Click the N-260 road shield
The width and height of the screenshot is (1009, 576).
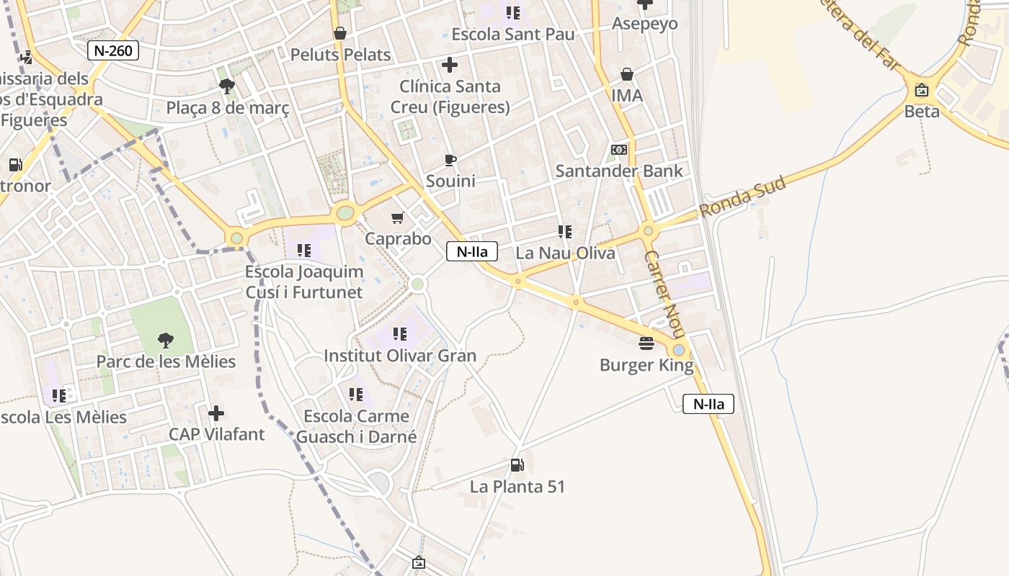[x=113, y=50]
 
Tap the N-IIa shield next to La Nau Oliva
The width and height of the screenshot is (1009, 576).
[x=472, y=251]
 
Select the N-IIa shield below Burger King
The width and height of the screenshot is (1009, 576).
[x=708, y=404]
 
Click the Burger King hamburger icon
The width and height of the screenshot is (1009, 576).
[x=646, y=343]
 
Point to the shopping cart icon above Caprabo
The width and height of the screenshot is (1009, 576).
[x=397, y=217]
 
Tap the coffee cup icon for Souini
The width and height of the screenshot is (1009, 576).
[x=450, y=160]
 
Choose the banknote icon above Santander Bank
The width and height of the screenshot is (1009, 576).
[x=619, y=150]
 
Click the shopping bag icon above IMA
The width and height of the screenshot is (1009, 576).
[x=627, y=74]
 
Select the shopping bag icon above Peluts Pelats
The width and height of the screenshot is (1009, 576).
[x=340, y=33]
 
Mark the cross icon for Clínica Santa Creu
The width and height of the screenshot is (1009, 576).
[x=450, y=66]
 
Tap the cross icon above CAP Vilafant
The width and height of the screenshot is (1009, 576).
[x=216, y=413]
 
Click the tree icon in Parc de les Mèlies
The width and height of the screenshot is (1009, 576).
[x=166, y=340]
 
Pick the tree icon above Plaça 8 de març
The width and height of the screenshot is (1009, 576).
[x=227, y=87]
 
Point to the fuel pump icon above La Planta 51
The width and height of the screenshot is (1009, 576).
[x=517, y=465]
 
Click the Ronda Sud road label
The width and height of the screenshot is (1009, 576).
[x=742, y=197]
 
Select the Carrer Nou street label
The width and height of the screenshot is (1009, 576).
[x=664, y=295]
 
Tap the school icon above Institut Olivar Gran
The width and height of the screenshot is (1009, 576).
[x=400, y=334]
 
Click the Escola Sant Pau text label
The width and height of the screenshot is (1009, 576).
[x=513, y=34]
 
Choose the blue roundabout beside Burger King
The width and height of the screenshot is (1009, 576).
[x=679, y=350]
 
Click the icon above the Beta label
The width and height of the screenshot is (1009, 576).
[x=922, y=91]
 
